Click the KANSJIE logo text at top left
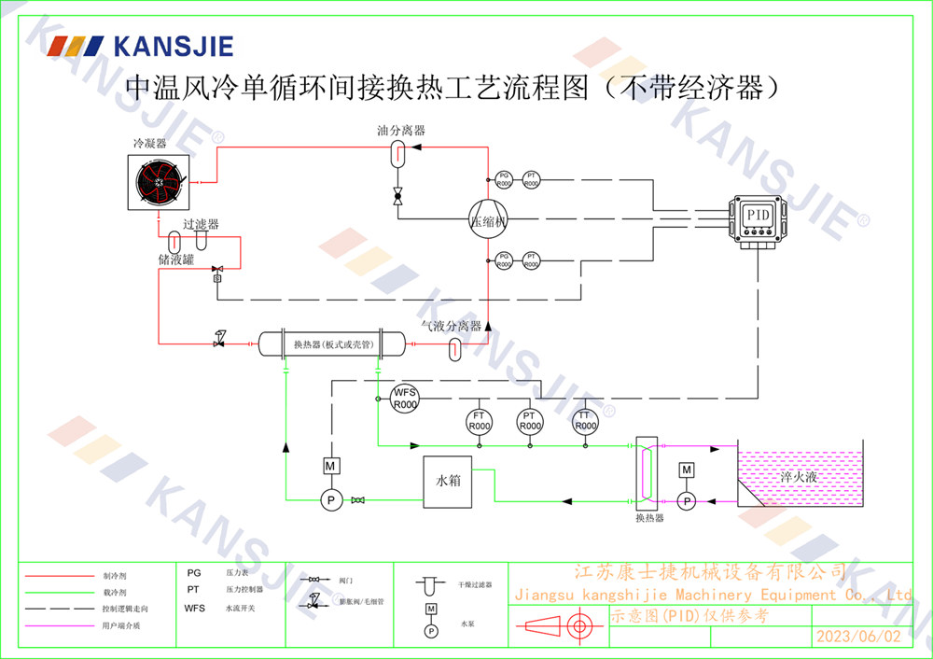174,46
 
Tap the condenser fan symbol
159,183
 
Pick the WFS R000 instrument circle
404,399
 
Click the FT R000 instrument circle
479,421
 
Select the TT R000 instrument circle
584,421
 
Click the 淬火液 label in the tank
800,477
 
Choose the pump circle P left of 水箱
329,501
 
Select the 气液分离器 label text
451,326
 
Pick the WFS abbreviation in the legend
194,608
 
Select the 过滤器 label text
201,225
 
